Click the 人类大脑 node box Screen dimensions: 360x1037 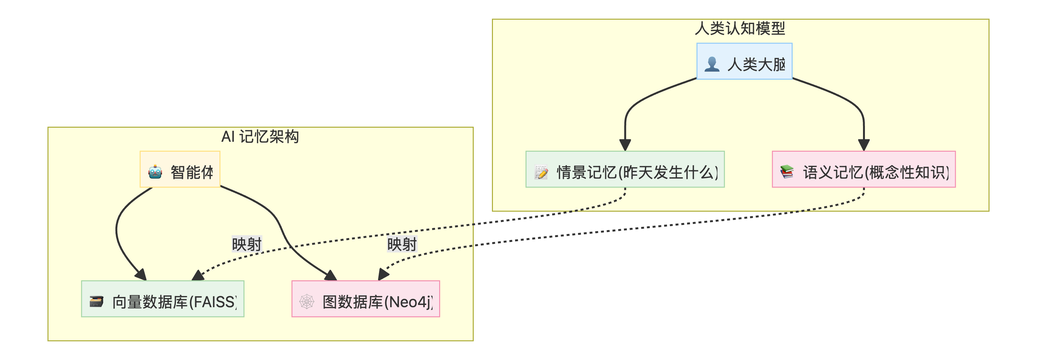click(744, 61)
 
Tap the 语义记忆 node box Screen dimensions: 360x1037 click(864, 169)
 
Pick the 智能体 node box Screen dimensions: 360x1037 click(180, 169)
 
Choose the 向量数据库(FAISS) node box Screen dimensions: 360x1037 click(162, 299)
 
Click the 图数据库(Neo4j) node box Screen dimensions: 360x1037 click(366, 299)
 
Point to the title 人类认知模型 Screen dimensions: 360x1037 click(740, 28)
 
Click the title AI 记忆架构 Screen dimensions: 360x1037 click(260, 137)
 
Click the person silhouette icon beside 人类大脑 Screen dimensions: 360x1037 click(712, 64)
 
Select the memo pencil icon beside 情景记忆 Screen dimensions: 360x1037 click(541, 172)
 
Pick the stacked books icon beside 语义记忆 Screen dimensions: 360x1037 click(787, 172)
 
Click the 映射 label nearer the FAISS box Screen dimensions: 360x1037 click(247, 244)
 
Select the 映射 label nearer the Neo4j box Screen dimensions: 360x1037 click(402, 244)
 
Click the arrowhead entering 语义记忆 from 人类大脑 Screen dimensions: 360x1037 click(864, 145)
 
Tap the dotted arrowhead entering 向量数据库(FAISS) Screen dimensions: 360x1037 click(198, 276)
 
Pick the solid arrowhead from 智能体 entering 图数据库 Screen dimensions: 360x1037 click(331, 276)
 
